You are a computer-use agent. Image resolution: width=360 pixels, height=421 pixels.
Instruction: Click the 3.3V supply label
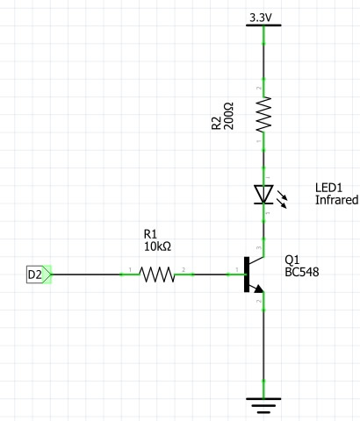pyautogui.click(x=261, y=18)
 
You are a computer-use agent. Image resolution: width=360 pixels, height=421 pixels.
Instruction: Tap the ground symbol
pyautogui.click(x=263, y=405)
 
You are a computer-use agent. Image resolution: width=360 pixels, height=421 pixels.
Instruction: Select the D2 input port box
pyautogui.click(x=39, y=275)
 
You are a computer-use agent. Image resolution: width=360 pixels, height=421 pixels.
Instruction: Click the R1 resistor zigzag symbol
pyautogui.click(x=157, y=275)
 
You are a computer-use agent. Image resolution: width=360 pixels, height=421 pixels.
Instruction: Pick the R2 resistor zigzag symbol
pyautogui.click(x=263, y=114)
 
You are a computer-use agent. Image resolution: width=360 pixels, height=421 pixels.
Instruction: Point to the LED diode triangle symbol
pyautogui.click(x=263, y=194)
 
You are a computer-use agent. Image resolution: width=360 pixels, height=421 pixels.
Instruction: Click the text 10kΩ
pyautogui.click(x=157, y=246)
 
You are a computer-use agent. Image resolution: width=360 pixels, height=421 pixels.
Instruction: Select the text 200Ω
pyautogui.click(x=228, y=116)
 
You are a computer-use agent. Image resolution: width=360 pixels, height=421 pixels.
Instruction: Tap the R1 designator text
pyautogui.click(x=150, y=234)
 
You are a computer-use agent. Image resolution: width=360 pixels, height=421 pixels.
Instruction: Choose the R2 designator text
pyautogui.click(x=216, y=123)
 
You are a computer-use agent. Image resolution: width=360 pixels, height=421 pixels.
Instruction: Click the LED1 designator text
pyautogui.click(x=328, y=188)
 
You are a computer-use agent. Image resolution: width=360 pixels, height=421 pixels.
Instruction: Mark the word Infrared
pyautogui.click(x=336, y=200)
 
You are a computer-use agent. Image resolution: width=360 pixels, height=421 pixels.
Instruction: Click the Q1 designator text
pyautogui.click(x=292, y=260)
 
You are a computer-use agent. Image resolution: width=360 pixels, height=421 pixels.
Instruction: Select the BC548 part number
pyautogui.click(x=302, y=272)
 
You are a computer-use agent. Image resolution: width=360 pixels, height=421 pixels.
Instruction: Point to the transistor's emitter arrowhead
pyautogui.click(x=259, y=289)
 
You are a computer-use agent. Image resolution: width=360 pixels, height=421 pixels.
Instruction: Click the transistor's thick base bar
pyautogui.click(x=247, y=275)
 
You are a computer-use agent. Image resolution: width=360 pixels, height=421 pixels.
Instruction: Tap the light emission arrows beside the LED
pyautogui.click(x=282, y=199)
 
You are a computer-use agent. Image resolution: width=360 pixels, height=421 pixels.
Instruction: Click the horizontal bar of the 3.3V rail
pyautogui.click(x=263, y=25)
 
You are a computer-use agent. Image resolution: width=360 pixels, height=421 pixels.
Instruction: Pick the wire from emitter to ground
pyautogui.click(x=263, y=345)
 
